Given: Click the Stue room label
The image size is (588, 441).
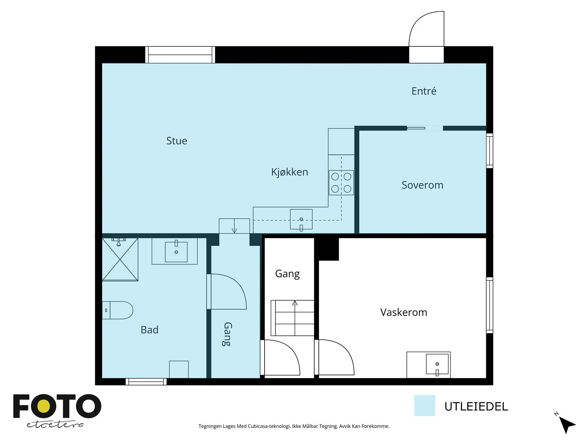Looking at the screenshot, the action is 176,141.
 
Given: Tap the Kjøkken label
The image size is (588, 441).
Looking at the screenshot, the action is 290,172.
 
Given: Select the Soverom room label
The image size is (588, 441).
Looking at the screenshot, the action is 423,185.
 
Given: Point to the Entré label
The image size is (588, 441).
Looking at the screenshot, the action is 424,91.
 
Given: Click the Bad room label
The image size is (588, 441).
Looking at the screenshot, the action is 150,330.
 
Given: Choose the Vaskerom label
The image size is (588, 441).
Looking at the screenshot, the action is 404,312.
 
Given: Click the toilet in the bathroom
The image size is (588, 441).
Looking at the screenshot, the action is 118,310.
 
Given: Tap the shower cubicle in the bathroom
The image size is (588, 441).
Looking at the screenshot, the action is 120,259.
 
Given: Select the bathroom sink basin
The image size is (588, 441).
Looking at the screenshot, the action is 176,252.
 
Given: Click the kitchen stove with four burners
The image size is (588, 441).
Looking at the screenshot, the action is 341,183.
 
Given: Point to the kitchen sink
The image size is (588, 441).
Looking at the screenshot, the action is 301,219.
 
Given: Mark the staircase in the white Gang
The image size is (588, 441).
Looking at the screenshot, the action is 292,318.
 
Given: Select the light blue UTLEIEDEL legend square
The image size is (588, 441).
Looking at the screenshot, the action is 424,405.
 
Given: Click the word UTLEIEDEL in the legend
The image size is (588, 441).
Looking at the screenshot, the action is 476,407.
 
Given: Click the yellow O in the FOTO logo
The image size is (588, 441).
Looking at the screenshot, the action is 44,406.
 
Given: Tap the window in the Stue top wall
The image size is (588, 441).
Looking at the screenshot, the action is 180,55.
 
